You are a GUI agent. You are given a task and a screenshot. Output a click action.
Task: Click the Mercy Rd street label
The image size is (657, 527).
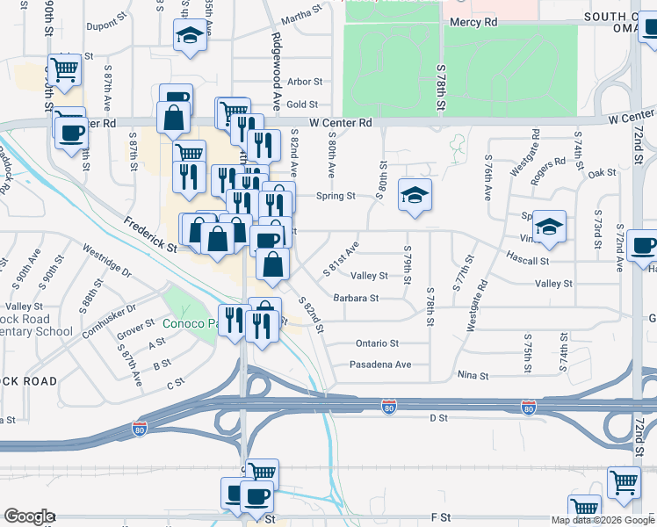[x=473, y=21]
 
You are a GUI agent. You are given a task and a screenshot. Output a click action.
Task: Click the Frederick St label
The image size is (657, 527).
[x=150, y=235]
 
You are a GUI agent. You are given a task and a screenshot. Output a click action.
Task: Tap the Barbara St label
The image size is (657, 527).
[x=356, y=298]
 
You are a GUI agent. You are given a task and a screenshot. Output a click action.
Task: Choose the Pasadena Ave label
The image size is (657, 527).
[x=380, y=365]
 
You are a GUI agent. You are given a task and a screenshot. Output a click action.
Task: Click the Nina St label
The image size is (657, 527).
[x=473, y=376]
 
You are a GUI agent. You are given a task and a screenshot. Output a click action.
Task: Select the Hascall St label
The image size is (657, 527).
[x=528, y=261]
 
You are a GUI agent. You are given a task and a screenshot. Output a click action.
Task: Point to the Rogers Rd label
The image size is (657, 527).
[x=552, y=166]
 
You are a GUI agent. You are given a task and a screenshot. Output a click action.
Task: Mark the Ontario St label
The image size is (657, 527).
[x=378, y=343]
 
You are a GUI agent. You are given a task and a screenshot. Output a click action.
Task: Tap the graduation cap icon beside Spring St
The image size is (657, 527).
[x=415, y=195]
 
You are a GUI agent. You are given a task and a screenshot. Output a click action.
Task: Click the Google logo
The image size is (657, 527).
[x=29, y=516]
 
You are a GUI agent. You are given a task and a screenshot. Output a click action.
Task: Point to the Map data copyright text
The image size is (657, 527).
[x=602, y=520]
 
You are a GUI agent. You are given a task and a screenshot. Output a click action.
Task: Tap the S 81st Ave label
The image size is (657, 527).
[x=341, y=260]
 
